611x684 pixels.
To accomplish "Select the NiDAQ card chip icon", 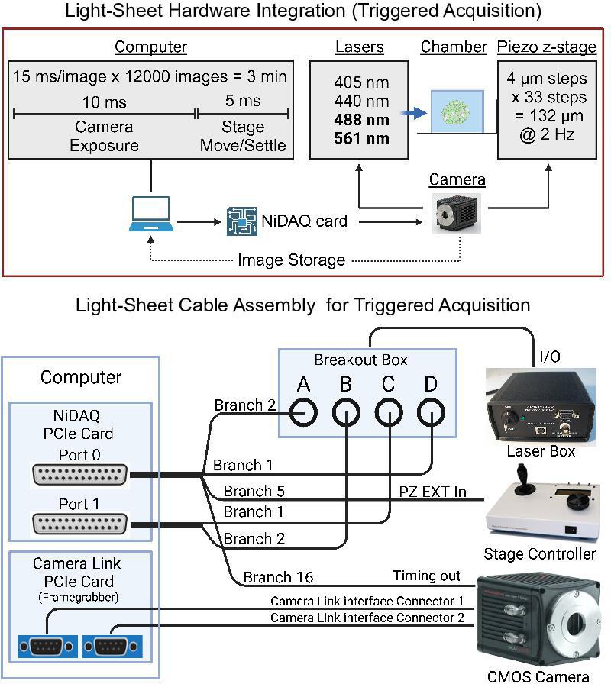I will coord(241,221).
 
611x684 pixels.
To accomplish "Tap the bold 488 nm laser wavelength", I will coord(361,120).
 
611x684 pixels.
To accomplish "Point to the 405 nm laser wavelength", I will coord(361,82).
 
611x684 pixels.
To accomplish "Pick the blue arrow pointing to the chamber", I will coord(414,112).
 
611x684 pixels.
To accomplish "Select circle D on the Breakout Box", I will coord(431,412).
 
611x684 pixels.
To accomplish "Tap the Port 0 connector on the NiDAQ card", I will coord(79,476).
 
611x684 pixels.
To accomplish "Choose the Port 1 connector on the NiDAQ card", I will coord(79,524).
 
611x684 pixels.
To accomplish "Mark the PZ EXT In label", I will coord(432,491).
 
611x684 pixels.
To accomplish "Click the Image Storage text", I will coord(291,260).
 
